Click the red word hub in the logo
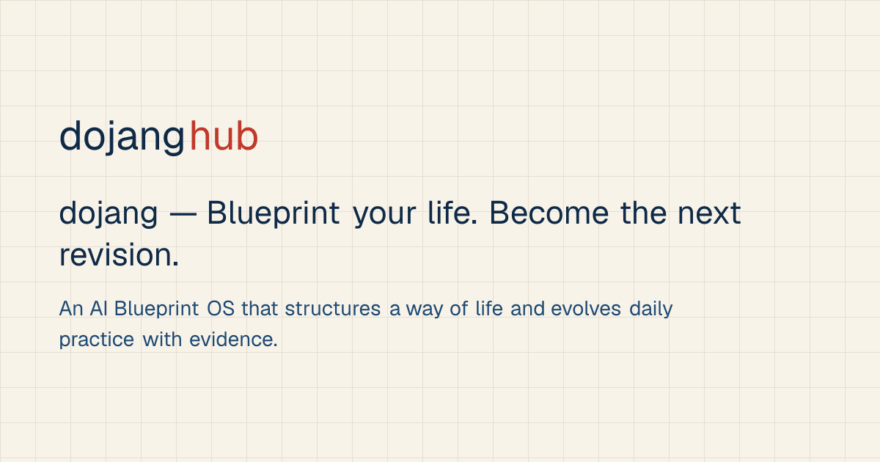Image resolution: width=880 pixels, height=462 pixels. tap(224, 136)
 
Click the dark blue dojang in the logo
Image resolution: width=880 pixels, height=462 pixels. tap(122, 138)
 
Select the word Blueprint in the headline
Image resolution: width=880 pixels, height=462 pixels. tap(273, 213)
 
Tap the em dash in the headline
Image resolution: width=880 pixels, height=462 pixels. tap(183, 214)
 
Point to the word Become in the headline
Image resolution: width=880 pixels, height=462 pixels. tap(549, 213)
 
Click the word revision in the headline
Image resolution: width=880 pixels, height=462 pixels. tap(119, 254)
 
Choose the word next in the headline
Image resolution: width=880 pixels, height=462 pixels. tap(710, 213)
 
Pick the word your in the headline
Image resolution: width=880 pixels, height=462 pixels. tap(384, 216)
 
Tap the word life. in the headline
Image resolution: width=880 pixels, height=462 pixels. tap(452, 213)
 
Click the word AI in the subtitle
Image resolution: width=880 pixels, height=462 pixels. tap(98, 309)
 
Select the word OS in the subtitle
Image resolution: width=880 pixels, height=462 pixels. tap(221, 309)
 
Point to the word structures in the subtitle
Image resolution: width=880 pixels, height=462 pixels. tap(333, 309)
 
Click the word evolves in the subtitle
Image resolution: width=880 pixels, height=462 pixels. tap(586, 309)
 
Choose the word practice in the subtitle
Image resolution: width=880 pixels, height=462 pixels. tap(97, 340)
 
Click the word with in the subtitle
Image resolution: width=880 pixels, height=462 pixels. tap(162, 340)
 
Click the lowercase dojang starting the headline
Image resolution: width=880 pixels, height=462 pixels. tap(109, 214)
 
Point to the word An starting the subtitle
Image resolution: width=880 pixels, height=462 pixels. tap(71, 309)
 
